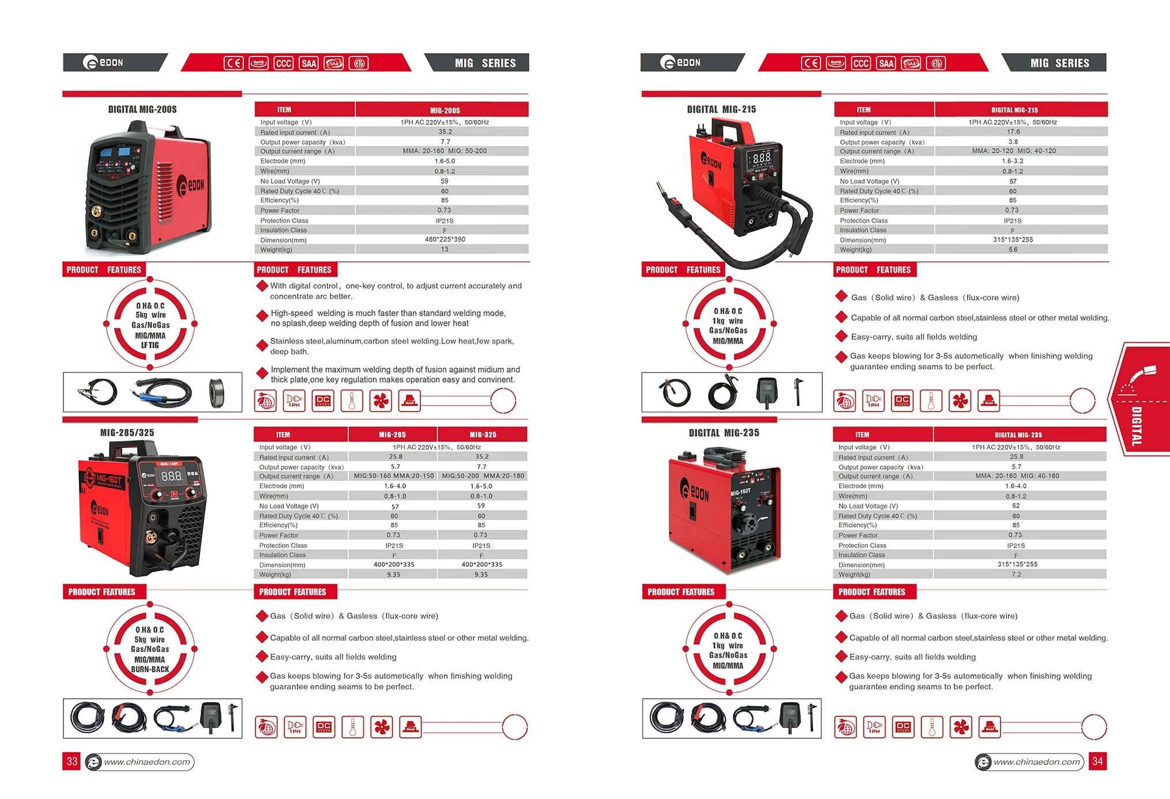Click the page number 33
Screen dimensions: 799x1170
[x=72, y=762]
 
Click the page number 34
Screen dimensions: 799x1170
[x=1097, y=762]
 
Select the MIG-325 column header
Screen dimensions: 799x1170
[x=483, y=435]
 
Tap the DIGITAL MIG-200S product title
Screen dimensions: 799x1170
[x=142, y=110]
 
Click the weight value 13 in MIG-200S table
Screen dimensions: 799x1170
[x=445, y=250]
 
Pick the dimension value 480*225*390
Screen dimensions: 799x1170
[x=445, y=239]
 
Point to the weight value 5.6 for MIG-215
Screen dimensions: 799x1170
[x=1013, y=250]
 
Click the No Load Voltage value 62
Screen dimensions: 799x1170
[x=1016, y=506]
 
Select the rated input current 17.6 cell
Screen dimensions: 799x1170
[x=1013, y=132]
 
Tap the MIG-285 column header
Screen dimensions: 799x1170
[x=393, y=435]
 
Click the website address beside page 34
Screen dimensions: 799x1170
[x=1037, y=762]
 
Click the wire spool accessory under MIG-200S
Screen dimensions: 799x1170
[x=217, y=393]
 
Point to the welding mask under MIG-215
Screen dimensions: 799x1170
[x=767, y=392]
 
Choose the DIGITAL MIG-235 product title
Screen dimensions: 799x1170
[x=724, y=433]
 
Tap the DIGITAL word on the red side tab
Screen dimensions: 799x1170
[x=1136, y=426]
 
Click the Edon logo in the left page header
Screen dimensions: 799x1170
[x=104, y=62]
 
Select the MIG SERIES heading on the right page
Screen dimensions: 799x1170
[x=1059, y=63]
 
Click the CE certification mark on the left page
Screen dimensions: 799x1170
[x=234, y=63]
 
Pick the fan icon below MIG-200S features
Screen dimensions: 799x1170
[x=381, y=401]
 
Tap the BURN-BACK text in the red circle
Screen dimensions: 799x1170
[x=150, y=669]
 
